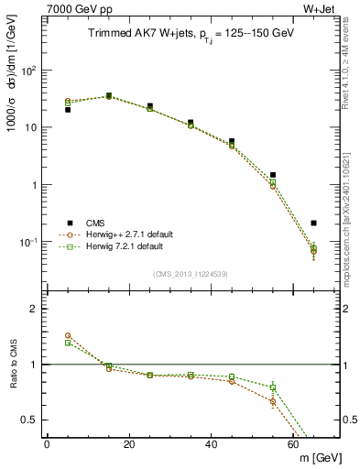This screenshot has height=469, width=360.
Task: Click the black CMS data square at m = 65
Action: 314,223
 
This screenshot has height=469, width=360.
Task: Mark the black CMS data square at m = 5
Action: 68,110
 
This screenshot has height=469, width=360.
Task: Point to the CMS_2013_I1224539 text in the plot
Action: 191,273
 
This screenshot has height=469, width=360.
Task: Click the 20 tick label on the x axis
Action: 129,444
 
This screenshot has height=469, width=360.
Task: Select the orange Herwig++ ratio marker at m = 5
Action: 68,336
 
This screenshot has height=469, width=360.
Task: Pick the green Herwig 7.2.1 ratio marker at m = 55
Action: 273,387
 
